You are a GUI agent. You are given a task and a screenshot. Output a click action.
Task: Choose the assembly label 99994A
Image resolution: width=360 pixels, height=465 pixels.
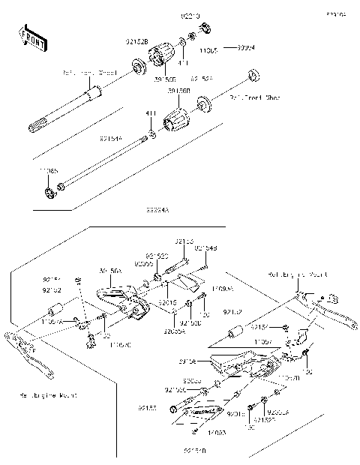157,212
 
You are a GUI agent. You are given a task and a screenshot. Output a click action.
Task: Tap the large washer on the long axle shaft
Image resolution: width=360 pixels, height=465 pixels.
139,70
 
